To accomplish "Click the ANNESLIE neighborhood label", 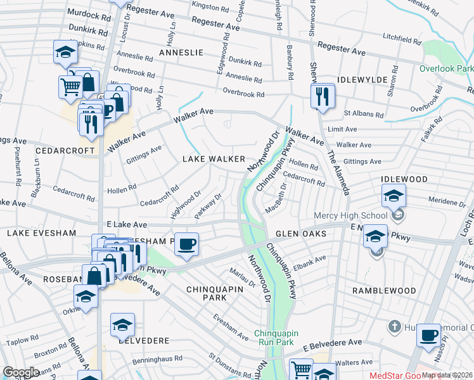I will tap(177, 53).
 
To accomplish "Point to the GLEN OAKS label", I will tap(301, 234).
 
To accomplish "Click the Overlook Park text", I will tap(446, 68).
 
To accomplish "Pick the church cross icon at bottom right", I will tap(394, 327).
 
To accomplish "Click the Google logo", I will tap(21, 372).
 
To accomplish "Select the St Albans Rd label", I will tap(363, 115).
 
